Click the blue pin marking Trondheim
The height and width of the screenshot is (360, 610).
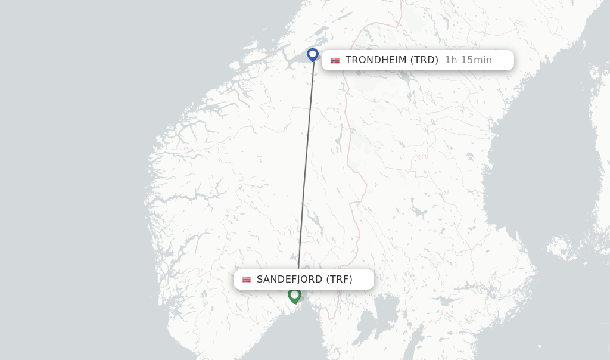pyautogui.click(x=313, y=54)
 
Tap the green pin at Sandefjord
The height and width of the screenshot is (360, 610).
pyautogui.click(x=294, y=295)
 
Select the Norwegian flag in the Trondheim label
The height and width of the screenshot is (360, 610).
pyautogui.click(x=335, y=60)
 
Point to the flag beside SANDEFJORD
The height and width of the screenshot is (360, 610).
pyautogui.click(x=247, y=280)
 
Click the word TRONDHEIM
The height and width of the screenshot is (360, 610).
pyautogui.click(x=376, y=60)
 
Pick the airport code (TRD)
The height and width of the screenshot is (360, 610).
pyautogui.click(x=425, y=60)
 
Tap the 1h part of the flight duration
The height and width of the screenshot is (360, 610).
pyautogui.click(x=451, y=60)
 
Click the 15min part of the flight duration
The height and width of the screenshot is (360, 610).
pyautogui.click(x=476, y=60)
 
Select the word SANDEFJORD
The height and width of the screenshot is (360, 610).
pyautogui.click(x=290, y=280)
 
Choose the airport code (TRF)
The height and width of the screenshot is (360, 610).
pyautogui.click(x=340, y=280)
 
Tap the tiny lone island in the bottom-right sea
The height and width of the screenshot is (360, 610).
pyautogui.click(x=540, y=346)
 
